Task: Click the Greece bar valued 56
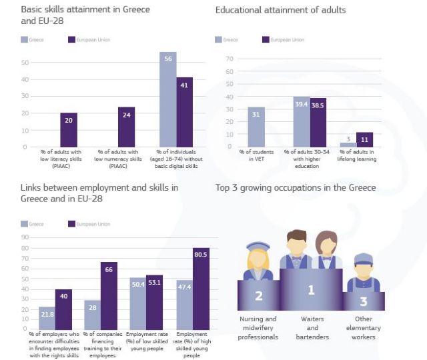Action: [x=167, y=99]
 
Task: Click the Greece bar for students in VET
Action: [x=256, y=127]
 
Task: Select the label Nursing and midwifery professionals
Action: [x=258, y=328]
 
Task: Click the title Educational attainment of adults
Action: [x=281, y=10]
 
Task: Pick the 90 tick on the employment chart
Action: [x=25, y=237]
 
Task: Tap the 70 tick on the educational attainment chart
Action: [x=229, y=59]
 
